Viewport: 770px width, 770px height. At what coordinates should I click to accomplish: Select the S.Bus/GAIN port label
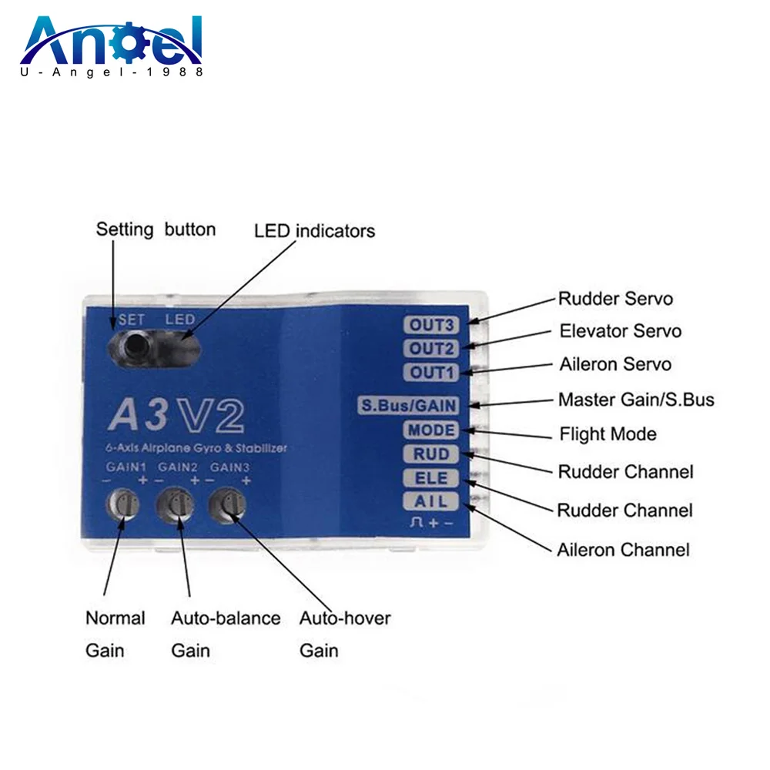tap(408, 405)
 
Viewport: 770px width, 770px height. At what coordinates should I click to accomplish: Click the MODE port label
tap(431, 430)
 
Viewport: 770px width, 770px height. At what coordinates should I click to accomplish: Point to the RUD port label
tap(431, 454)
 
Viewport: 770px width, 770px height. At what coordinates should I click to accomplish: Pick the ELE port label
tap(431, 478)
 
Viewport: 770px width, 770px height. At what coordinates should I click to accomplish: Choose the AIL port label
tap(431, 502)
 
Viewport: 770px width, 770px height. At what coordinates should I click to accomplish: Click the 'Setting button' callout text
tap(156, 229)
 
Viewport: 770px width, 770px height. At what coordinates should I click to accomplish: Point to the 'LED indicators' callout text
tap(314, 230)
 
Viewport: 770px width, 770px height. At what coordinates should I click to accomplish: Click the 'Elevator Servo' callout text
tap(620, 331)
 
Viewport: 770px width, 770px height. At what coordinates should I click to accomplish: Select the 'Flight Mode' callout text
tap(608, 434)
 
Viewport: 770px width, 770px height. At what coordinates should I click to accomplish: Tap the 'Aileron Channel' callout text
tap(623, 550)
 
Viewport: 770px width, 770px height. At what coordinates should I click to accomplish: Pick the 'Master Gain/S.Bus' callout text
tap(636, 400)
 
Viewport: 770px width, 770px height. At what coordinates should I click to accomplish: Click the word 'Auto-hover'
tap(344, 618)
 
